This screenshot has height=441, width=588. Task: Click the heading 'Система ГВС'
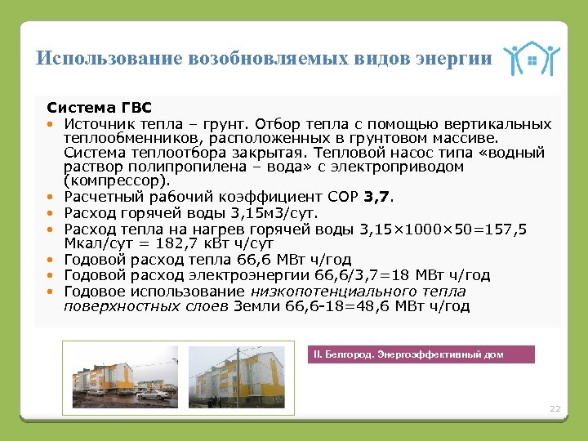pos(99,107)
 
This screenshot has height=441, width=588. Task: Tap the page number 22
pos(555,408)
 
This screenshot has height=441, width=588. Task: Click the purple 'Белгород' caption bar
pos(421,354)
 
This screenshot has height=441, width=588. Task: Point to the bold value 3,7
pos(379,196)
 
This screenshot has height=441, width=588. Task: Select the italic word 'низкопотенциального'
pos(325,292)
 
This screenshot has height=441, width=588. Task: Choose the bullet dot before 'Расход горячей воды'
pos(51,213)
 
